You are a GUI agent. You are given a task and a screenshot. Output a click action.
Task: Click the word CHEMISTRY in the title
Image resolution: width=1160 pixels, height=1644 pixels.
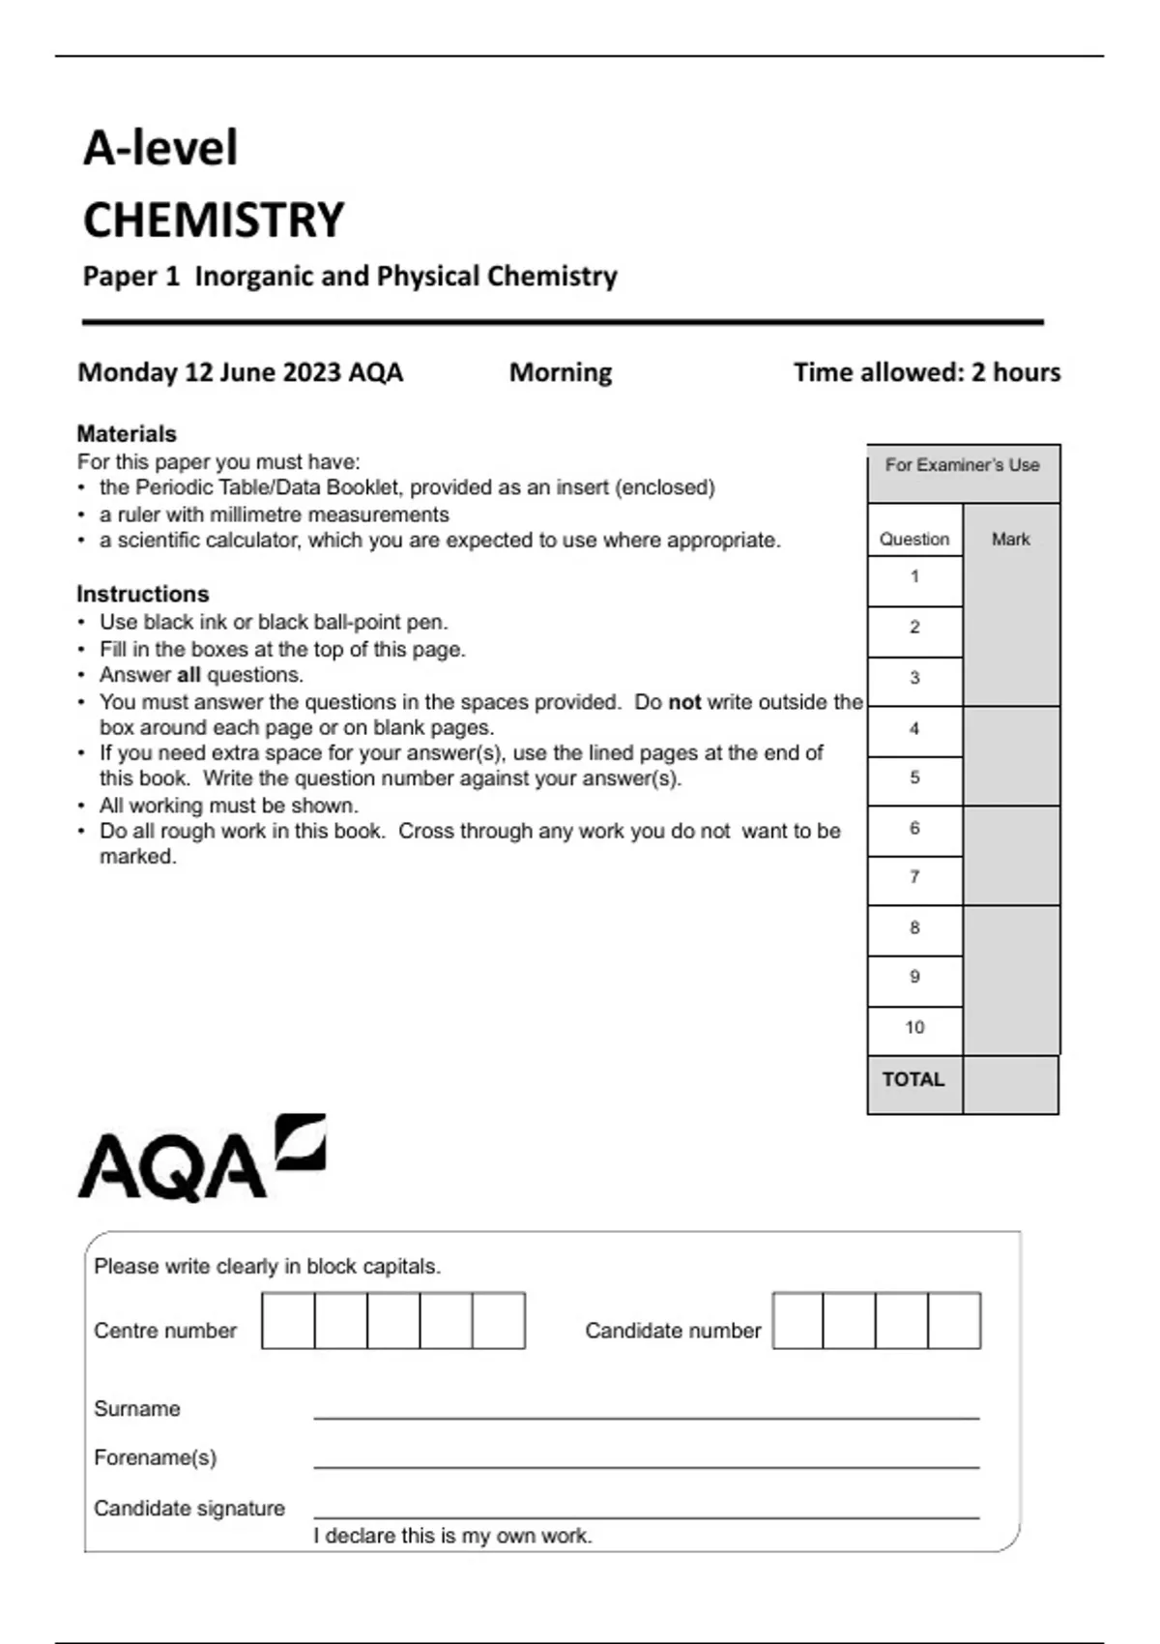(214, 220)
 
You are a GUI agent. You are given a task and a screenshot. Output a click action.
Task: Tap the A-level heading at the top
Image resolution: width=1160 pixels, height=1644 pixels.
(160, 148)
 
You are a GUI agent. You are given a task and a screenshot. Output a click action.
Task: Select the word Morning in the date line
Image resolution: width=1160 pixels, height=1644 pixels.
(561, 372)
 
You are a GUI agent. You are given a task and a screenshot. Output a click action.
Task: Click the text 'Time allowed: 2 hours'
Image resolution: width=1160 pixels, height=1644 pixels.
(927, 372)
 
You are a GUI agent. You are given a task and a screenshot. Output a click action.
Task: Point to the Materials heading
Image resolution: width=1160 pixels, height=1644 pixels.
(127, 433)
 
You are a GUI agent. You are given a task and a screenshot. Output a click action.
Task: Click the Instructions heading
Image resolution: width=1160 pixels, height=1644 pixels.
(143, 594)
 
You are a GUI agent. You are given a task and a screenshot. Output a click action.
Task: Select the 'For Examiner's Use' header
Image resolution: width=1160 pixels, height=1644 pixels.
(963, 465)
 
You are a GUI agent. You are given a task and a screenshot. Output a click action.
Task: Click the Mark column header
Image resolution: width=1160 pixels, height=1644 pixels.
(1011, 540)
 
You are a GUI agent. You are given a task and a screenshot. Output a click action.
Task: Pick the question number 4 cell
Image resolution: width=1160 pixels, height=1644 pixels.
(914, 729)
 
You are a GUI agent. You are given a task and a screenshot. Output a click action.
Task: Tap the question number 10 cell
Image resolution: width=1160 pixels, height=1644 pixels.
(914, 1028)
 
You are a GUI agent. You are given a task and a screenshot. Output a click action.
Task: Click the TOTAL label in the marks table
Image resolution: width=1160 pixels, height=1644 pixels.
(913, 1080)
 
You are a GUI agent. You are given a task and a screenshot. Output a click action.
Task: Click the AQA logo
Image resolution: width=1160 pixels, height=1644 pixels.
(201, 1160)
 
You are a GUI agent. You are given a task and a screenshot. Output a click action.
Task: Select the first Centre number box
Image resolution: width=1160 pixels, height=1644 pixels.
(288, 1321)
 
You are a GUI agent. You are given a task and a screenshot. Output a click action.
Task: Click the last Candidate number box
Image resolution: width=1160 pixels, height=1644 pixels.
(954, 1321)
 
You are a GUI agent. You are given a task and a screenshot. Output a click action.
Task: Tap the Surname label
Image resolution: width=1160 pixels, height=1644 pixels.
(137, 1409)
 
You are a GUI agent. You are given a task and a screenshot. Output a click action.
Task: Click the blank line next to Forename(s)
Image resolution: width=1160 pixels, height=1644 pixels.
(646, 1458)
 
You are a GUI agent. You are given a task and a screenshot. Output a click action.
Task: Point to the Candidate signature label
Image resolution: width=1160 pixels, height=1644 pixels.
(189, 1509)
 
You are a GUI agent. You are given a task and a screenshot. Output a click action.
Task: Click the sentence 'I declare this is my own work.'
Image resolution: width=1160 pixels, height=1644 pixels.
(452, 1536)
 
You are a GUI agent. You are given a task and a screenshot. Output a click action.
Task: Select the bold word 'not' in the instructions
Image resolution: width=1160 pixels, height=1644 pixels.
(684, 702)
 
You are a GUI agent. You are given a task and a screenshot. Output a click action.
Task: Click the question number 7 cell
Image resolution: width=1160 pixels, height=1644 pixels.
(914, 878)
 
